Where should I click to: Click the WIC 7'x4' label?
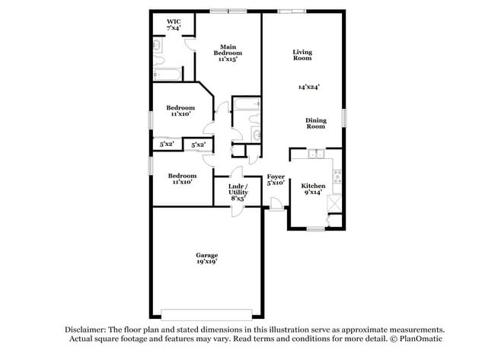174,25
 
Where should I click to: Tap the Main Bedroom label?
225,53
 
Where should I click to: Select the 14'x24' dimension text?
308,87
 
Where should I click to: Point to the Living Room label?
302,55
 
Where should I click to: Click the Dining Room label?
316,123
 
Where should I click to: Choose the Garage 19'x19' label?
206,258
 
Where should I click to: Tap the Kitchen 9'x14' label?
313,190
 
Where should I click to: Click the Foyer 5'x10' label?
275,180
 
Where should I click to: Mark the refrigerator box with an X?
336,204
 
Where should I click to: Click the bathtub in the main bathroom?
167,74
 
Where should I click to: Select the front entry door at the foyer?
276,204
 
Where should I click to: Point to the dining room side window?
343,118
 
